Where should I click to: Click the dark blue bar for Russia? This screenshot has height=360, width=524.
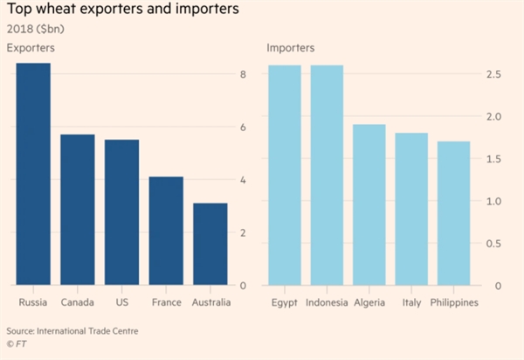[x=32, y=175]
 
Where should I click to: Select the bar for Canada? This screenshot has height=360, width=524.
[x=77, y=210]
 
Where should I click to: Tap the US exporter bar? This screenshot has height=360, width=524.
[x=121, y=212]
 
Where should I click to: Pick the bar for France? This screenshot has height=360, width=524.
[x=165, y=231]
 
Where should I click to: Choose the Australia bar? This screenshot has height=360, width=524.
[x=210, y=244]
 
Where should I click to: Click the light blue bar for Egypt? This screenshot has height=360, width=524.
[x=284, y=175]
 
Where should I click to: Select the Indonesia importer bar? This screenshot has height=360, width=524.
[x=327, y=175]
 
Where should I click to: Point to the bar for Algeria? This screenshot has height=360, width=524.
[x=369, y=204]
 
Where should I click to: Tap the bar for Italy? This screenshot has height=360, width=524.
[x=411, y=209]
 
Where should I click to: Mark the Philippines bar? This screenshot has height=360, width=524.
[x=453, y=213]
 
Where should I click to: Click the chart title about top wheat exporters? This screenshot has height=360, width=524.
[x=126, y=11]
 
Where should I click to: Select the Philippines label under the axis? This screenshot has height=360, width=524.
[x=453, y=302]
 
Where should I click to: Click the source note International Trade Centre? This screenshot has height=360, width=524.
[x=72, y=331]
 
